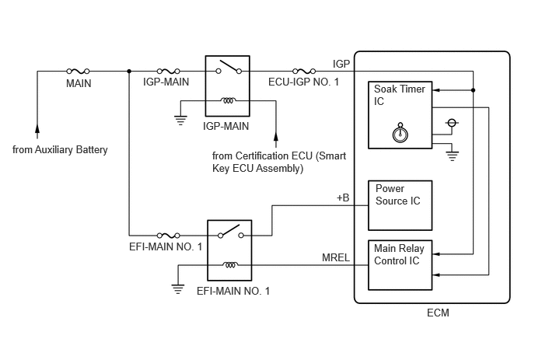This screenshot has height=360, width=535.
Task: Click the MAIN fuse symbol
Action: point(78,71)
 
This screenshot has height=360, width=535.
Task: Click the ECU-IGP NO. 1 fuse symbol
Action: point(304,71)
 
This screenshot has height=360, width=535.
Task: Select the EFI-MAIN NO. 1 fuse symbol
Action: point(168,235)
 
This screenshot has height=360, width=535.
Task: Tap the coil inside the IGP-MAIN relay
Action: point(228,100)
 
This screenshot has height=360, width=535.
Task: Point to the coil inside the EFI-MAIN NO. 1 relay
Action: point(230,264)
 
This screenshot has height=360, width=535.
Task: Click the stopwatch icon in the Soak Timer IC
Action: point(400,133)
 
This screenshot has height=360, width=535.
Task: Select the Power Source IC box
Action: point(400,205)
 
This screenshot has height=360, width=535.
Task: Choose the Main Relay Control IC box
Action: point(400,265)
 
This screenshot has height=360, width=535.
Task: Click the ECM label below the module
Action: point(438,313)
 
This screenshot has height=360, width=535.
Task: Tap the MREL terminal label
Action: point(336,257)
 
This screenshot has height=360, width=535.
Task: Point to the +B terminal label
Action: point(343,198)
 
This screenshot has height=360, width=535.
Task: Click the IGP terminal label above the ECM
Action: point(341,64)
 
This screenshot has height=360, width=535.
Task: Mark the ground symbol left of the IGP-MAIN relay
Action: point(180,121)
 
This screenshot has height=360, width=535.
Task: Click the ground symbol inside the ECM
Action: point(452,156)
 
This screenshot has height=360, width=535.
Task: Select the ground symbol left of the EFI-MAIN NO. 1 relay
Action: point(178,289)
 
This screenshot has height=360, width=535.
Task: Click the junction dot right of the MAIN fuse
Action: point(129,71)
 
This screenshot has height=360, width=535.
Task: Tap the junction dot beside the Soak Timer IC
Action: point(473,90)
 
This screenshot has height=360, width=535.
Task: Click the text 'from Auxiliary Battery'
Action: point(60,150)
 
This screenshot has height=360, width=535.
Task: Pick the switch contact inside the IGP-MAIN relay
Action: point(229,67)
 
